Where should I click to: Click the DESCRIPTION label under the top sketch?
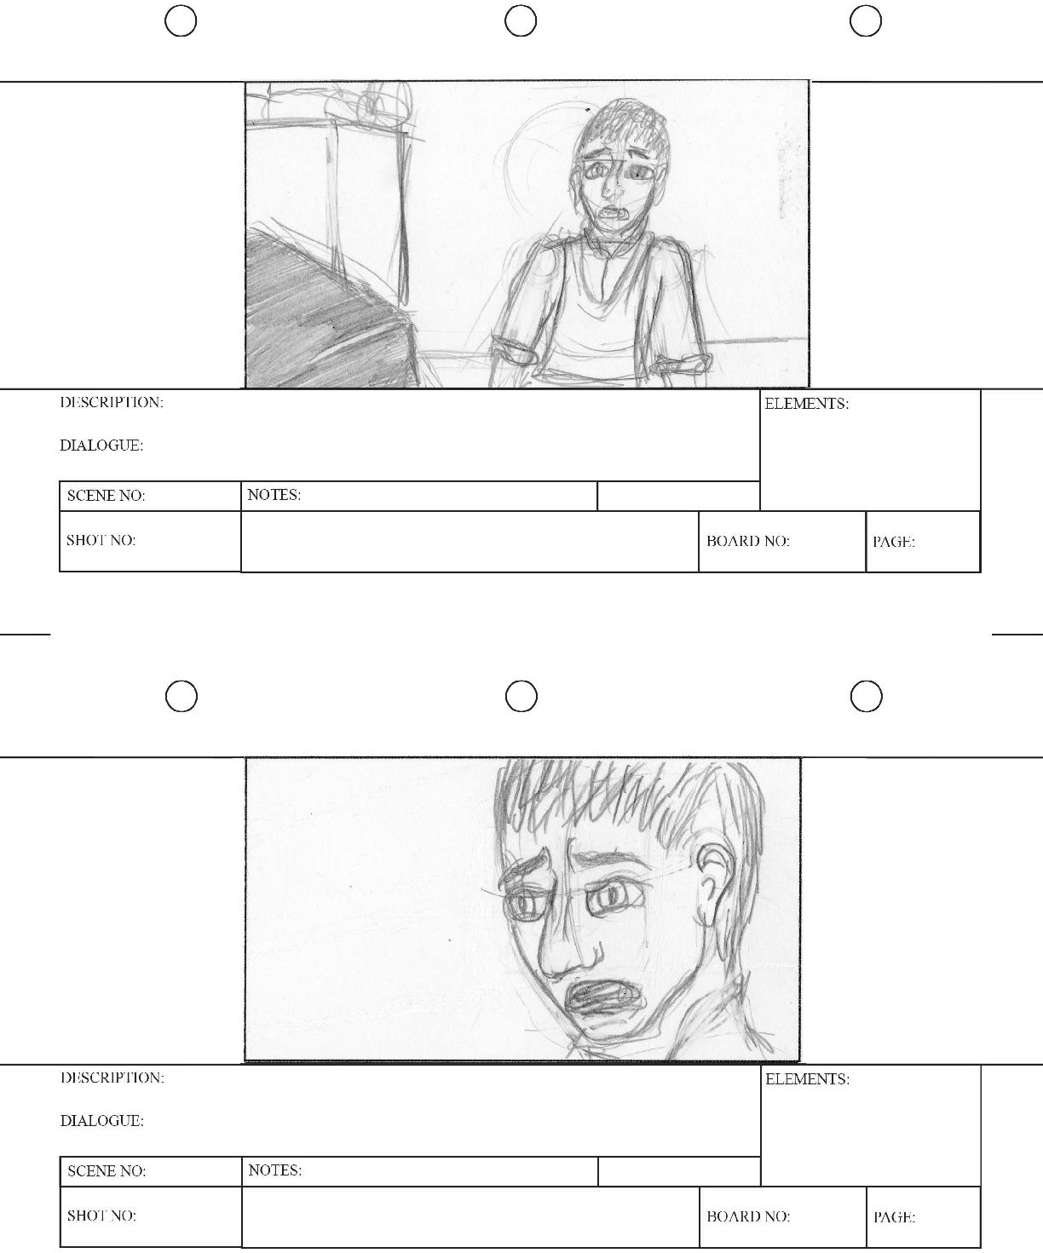112,402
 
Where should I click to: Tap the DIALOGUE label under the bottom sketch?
102,1120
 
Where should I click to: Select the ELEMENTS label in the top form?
806,404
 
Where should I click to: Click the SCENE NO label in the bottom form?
107,1170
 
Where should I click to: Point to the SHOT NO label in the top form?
101,540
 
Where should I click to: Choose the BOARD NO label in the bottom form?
748,1216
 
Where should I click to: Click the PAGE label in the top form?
894,542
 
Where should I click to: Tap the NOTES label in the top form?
274,495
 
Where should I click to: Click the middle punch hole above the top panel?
521,21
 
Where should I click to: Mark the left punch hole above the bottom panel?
182,696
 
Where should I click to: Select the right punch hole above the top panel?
866,21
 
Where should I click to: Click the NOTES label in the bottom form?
275,1170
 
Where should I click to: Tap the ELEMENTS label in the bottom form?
807,1079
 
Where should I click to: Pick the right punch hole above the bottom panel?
867,696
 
